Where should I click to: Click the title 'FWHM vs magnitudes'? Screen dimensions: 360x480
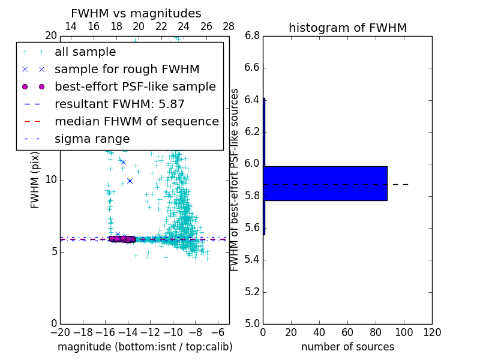(136, 13)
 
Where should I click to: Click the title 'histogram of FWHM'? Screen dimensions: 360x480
(347, 28)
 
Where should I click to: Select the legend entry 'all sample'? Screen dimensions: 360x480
(85, 52)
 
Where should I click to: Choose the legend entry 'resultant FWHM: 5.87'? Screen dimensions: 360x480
(119, 104)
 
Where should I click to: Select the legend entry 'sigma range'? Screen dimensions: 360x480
(92, 139)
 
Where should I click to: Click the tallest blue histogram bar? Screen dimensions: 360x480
(325, 184)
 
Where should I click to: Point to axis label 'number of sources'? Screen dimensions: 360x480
(347, 347)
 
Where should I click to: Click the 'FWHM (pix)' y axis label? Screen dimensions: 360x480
(35, 180)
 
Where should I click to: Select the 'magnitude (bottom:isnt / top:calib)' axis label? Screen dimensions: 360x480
(145, 347)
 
